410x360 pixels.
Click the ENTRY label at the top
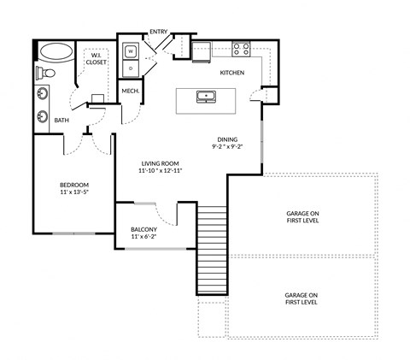click(x=158, y=32)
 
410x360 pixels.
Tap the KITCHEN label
click(x=232, y=73)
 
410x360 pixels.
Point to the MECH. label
click(x=131, y=91)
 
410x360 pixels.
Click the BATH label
click(x=61, y=121)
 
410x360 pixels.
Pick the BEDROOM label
click(x=74, y=185)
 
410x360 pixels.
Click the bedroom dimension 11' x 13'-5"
click(x=74, y=193)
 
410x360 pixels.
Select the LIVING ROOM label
click(x=161, y=162)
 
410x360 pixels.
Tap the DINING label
click(x=226, y=139)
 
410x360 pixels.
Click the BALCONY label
click(x=143, y=229)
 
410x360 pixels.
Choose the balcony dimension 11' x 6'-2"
click(x=143, y=238)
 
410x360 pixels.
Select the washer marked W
click(x=131, y=50)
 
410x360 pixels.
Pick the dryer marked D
click(x=131, y=66)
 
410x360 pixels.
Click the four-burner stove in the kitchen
click(x=242, y=49)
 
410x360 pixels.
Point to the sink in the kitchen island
click(x=205, y=96)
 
